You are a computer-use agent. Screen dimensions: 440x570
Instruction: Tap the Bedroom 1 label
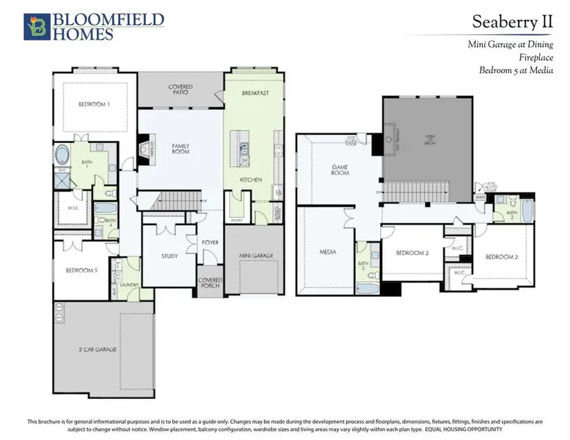[94, 104]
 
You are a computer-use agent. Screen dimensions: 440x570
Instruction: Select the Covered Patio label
[180, 90]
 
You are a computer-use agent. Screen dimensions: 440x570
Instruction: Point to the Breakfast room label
[256, 93]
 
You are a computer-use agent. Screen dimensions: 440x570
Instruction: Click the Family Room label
[180, 150]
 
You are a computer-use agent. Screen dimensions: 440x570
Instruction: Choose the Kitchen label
[252, 179]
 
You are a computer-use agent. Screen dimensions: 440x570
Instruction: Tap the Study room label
[170, 256]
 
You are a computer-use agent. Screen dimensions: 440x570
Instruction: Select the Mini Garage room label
[256, 256]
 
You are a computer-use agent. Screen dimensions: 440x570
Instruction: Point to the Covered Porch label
[210, 282]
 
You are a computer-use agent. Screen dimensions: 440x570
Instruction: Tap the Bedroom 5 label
[81, 270]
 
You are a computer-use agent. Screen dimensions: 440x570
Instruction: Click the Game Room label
[339, 171]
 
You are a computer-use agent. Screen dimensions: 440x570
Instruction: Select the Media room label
[327, 252]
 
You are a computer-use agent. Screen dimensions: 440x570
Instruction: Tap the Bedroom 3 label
[412, 253]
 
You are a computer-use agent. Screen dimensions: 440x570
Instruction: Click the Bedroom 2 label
[502, 257]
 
